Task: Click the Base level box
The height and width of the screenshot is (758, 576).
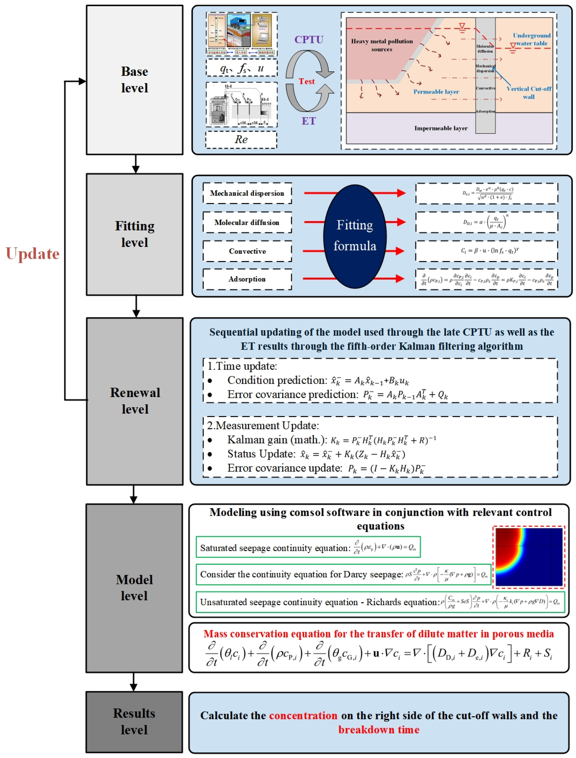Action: click(134, 80)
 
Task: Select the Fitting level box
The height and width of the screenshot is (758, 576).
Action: click(134, 234)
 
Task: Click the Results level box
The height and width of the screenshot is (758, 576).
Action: click(134, 721)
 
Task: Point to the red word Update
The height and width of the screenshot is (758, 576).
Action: click(33, 254)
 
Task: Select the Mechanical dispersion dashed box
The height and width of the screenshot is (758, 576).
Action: click(247, 193)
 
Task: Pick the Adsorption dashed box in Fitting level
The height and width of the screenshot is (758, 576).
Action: click(247, 279)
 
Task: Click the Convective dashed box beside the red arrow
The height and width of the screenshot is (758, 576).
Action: click(247, 251)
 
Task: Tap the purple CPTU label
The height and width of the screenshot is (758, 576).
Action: click(309, 40)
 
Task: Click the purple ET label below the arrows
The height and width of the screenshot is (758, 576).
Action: click(308, 121)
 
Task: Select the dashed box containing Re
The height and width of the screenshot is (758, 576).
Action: click(241, 139)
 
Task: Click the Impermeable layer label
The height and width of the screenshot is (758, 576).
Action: click(440, 128)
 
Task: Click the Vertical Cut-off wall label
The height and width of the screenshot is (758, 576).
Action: click(528, 93)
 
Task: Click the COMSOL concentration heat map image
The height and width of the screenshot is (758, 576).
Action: click(528, 557)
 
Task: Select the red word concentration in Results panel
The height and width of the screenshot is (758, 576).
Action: click(303, 716)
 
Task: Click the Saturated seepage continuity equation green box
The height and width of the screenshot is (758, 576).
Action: click(308, 547)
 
